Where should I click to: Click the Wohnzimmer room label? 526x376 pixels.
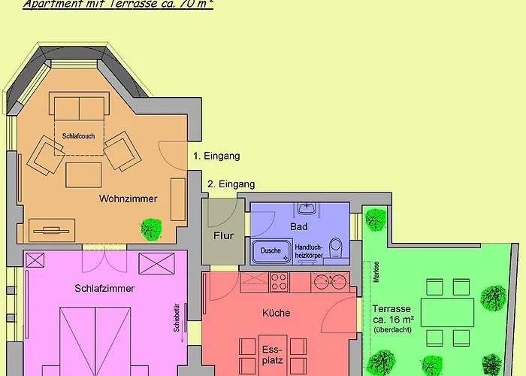point(127,199)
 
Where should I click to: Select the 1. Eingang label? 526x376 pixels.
point(216,156)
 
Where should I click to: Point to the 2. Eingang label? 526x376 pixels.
point(231,184)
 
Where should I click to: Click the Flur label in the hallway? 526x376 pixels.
point(223,235)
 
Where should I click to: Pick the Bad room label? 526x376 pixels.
point(298,226)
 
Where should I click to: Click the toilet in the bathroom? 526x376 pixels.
point(336,247)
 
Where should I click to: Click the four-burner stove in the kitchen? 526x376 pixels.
point(279,282)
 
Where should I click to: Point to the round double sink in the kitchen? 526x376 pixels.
point(330,282)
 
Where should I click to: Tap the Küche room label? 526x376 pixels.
point(277,313)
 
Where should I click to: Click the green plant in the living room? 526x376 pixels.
point(153,228)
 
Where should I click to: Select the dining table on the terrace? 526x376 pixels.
point(447,310)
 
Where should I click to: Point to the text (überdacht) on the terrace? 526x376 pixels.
point(391,330)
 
